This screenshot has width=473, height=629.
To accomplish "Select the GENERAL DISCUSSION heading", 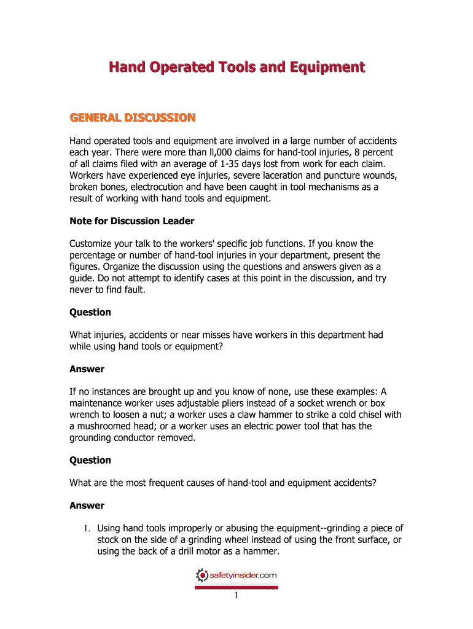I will tap(133, 117).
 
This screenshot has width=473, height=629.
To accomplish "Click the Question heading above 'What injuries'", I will tap(90, 312).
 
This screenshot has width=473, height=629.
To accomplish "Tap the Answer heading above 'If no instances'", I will tap(87, 369).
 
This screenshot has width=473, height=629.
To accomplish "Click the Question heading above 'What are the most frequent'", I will tap(90, 460).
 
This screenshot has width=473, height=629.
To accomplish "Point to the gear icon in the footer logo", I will tap(202, 576).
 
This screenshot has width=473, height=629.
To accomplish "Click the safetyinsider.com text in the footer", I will tap(243, 576).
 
